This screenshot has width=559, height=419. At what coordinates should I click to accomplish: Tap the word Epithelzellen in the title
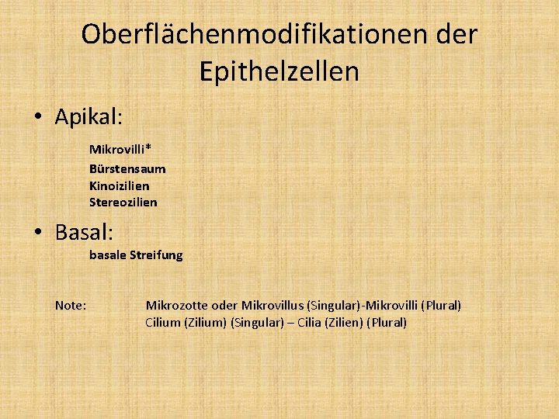[x=279, y=71]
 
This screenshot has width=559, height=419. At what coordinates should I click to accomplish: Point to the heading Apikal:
[x=89, y=117]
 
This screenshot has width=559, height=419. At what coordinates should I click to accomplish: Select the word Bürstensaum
[x=127, y=168]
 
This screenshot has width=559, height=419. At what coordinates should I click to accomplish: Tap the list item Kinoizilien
[x=119, y=185]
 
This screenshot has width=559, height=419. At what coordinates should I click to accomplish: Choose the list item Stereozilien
[x=123, y=203]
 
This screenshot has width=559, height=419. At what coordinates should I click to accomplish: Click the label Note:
[x=71, y=306]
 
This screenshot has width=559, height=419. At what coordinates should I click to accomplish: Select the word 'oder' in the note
[x=224, y=306]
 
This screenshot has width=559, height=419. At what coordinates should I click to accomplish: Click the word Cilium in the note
[x=163, y=323]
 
